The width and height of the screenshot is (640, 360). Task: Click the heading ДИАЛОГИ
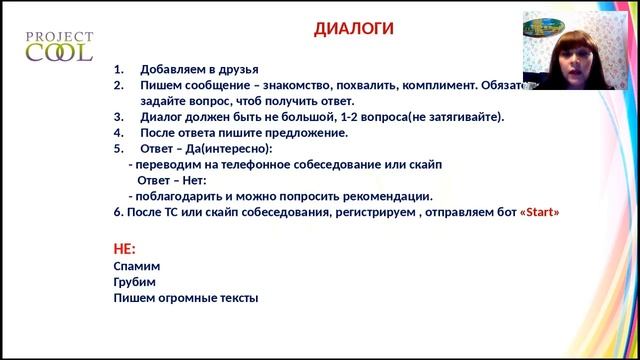click(354, 29)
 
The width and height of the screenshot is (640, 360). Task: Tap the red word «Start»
click(540, 212)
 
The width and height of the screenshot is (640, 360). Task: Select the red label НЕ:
click(125, 248)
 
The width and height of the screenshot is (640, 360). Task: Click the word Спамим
click(137, 266)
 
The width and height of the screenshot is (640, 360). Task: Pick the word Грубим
click(137, 282)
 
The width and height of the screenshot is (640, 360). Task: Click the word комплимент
click(427, 86)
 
